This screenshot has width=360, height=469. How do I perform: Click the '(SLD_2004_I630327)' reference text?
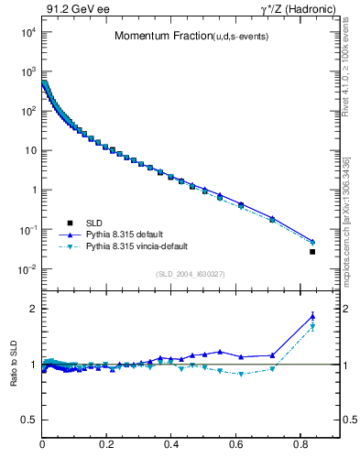tap(191, 274)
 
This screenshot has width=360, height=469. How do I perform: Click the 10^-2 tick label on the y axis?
tap(26, 269)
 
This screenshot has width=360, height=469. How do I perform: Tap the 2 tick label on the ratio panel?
tap(32, 309)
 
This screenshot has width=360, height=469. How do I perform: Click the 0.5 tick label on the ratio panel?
tap(28, 420)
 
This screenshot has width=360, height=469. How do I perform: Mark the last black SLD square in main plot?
tap(312, 252)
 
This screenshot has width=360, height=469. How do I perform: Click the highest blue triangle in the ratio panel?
tap(312, 316)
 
